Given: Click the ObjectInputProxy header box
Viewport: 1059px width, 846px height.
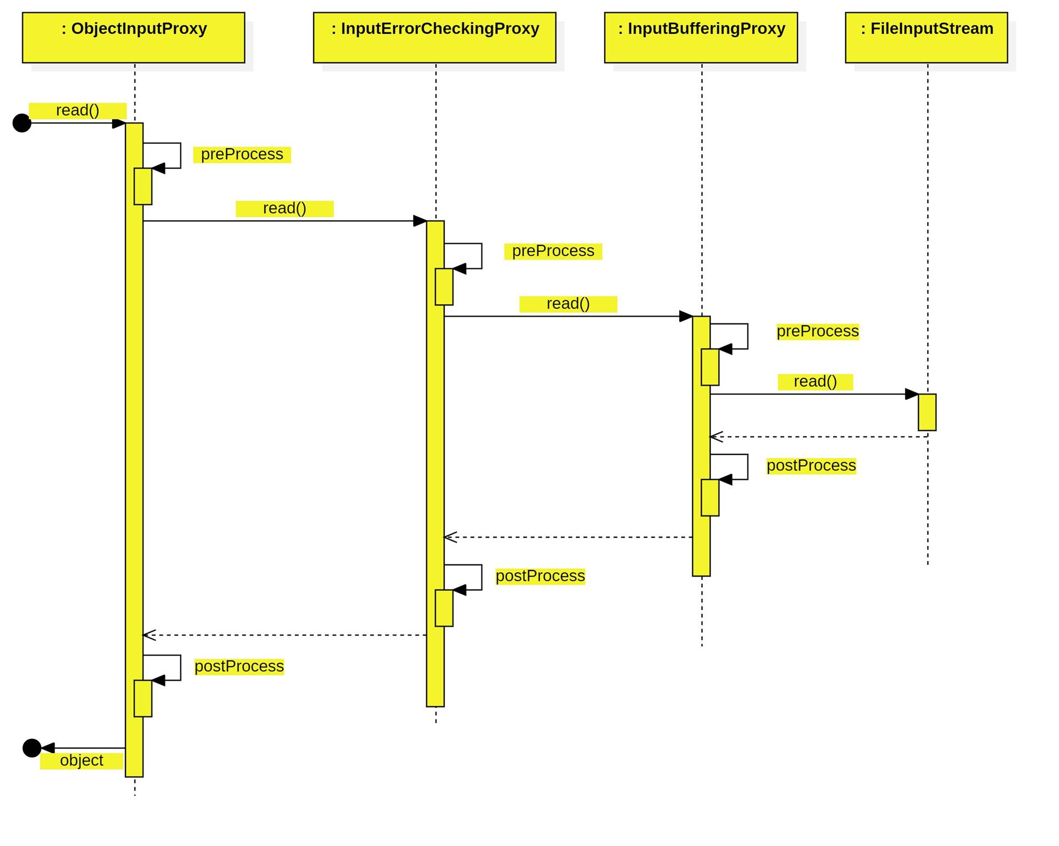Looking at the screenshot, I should pyautogui.click(x=133, y=37).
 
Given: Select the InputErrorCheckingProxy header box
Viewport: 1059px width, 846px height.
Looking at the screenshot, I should pyautogui.click(x=434, y=37).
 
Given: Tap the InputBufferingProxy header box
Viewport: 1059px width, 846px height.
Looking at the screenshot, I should pyautogui.click(x=700, y=37).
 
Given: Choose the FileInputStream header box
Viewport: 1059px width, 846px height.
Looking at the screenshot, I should pyautogui.click(x=926, y=37).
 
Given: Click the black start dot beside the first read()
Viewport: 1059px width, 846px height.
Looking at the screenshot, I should pyautogui.click(x=22, y=123).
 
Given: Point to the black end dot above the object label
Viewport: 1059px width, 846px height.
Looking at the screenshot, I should pyautogui.click(x=32, y=748).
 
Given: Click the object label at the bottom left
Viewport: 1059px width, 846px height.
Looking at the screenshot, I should pyautogui.click(x=81, y=760).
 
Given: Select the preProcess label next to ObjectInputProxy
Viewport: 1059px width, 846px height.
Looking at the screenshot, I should pyautogui.click(x=242, y=154).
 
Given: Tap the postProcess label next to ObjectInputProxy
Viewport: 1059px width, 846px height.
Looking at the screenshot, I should pyautogui.click(x=239, y=666).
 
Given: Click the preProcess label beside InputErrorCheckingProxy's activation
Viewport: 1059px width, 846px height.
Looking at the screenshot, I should pyautogui.click(x=553, y=251).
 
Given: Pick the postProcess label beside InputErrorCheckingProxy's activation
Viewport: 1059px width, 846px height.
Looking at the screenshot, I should pyautogui.click(x=540, y=575).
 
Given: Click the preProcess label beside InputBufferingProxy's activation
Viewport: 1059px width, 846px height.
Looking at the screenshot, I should pyautogui.click(x=817, y=331).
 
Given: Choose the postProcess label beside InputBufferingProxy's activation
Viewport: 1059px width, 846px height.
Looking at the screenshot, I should pyautogui.click(x=811, y=465).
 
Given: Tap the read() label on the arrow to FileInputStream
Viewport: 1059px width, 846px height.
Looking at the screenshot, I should pyautogui.click(x=815, y=382).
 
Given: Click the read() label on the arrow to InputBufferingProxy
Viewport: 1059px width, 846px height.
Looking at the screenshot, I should pyautogui.click(x=568, y=304).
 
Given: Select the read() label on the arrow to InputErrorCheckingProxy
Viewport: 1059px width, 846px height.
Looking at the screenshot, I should pyautogui.click(x=284, y=208).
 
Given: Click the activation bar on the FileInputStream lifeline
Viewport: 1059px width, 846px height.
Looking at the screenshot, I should pyautogui.click(x=926, y=412).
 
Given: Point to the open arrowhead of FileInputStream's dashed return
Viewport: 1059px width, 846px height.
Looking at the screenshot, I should pyautogui.click(x=715, y=437).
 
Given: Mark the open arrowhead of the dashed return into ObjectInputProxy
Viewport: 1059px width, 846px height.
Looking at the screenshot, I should pyautogui.click(x=148, y=634).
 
